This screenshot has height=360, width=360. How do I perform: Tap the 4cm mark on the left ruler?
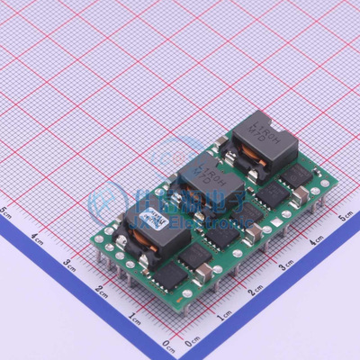(x=37, y=238)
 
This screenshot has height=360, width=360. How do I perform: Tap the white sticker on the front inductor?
(x=155, y=221)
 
